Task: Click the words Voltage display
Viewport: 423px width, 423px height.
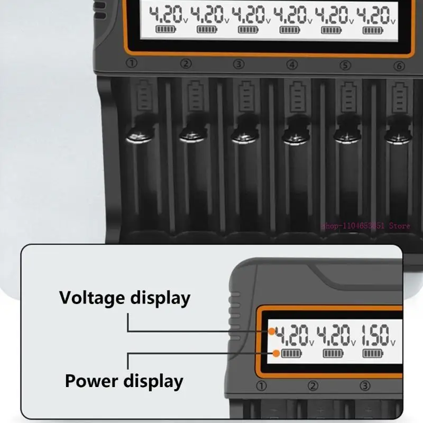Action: point(124,298)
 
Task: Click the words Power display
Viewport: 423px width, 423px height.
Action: point(124,381)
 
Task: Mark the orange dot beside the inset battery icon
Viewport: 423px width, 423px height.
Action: point(276,353)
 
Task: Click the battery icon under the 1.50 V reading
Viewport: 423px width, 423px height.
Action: point(372,353)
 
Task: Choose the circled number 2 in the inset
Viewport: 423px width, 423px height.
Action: point(314,385)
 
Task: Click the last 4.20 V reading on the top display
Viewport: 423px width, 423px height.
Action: point(375,15)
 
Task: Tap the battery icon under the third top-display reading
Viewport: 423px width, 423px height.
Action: point(247,30)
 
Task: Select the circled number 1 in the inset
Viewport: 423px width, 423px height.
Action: point(262,385)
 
